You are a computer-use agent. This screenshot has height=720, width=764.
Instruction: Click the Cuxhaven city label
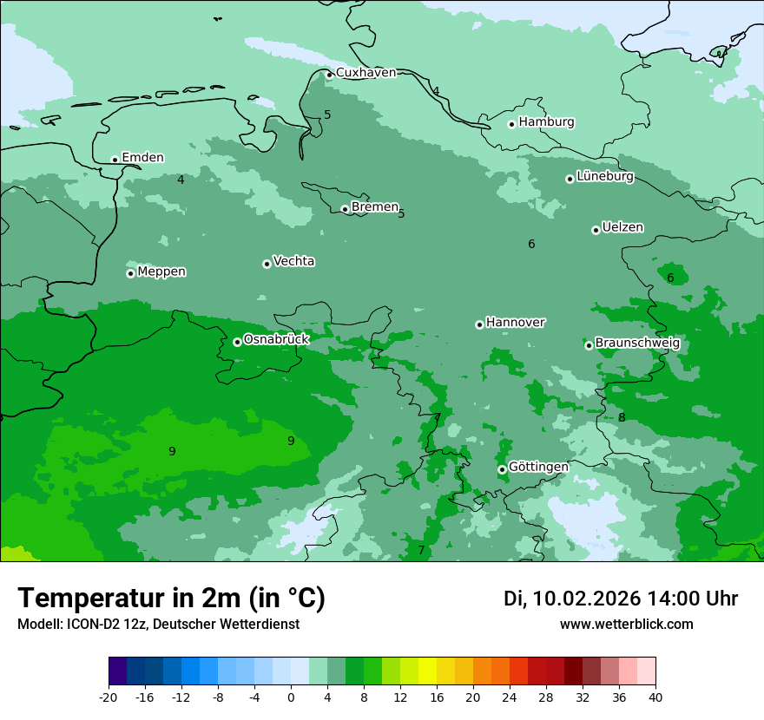tap(366, 73)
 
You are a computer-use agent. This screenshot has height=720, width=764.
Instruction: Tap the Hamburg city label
tap(546, 122)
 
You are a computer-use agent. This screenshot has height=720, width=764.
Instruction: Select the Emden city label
tap(142, 158)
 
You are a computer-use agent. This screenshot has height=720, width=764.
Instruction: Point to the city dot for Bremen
tap(345, 209)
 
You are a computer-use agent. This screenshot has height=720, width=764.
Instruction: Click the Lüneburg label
tap(605, 177)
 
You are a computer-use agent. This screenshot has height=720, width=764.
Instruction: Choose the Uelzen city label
tap(622, 228)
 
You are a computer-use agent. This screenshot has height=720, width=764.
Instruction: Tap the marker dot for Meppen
tap(130, 273)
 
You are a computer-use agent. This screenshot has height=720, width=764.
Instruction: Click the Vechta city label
tap(293, 261)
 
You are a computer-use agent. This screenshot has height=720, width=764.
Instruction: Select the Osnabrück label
tap(276, 340)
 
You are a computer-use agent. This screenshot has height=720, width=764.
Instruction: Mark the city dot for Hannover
tap(479, 324)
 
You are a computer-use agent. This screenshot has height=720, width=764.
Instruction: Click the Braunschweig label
tap(637, 344)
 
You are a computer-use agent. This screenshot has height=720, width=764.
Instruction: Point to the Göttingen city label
tap(538, 467)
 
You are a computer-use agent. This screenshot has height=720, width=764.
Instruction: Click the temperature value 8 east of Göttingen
tap(622, 417)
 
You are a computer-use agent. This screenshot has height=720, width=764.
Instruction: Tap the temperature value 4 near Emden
tap(181, 180)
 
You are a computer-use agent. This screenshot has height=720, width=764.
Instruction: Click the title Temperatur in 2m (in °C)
tap(171, 598)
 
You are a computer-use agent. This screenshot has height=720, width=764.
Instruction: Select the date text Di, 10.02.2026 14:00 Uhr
tap(621, 599)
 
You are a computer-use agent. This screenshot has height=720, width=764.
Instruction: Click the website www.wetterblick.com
tap(626, 624)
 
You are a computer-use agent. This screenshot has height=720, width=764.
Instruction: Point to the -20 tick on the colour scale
tap(109, 697)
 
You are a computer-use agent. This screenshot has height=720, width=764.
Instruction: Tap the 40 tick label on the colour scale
tap(655, 697)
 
